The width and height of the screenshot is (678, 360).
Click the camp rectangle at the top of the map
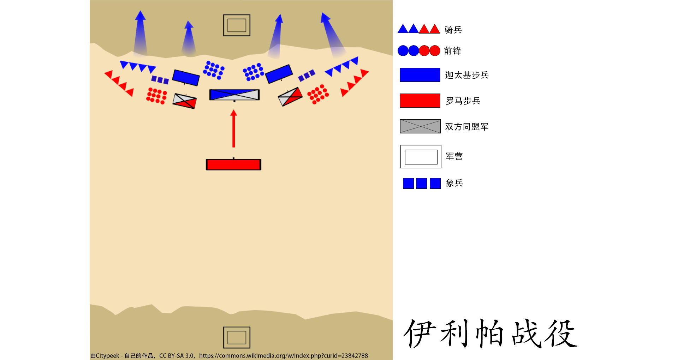237,25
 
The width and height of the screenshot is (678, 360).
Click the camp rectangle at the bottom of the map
237,337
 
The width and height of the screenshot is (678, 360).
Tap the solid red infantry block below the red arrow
233,165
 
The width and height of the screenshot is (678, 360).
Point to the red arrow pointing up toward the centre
233,129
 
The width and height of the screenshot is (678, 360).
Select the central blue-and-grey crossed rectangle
234,95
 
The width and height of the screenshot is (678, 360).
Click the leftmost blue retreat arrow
140,34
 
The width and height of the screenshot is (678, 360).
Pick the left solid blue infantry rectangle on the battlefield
186,78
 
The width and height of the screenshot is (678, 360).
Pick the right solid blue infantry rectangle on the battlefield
279,74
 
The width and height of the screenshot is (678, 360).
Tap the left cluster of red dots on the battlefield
156,96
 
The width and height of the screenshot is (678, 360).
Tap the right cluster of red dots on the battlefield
318,94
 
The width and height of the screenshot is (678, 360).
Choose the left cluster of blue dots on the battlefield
214,70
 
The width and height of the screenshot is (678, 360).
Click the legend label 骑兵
453,30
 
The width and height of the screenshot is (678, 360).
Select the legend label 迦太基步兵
467,75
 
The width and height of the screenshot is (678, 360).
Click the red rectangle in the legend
420,101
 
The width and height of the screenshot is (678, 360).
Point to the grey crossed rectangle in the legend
420,126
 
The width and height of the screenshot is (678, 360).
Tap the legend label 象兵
454,183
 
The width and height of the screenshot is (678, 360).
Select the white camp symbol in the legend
421,157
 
